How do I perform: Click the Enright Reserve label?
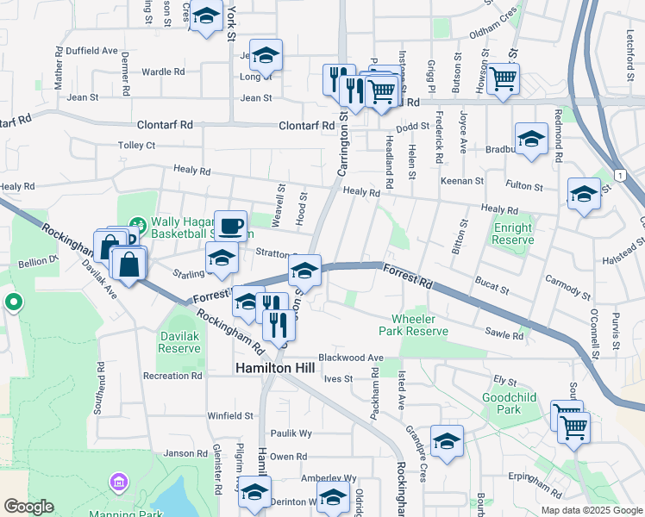(513, 234)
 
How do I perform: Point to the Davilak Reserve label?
(179, 343)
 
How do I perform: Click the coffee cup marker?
(230, 226)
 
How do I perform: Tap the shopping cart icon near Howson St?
(503, 79)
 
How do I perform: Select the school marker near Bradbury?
(531, 138)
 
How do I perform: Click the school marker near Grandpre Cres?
(447, 441)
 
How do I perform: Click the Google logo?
(28, 507)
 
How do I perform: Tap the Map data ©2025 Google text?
(592, 510)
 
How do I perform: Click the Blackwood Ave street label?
(350, 358)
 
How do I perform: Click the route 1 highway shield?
(620, 176)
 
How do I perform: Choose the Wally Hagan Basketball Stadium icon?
(136, 226)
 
